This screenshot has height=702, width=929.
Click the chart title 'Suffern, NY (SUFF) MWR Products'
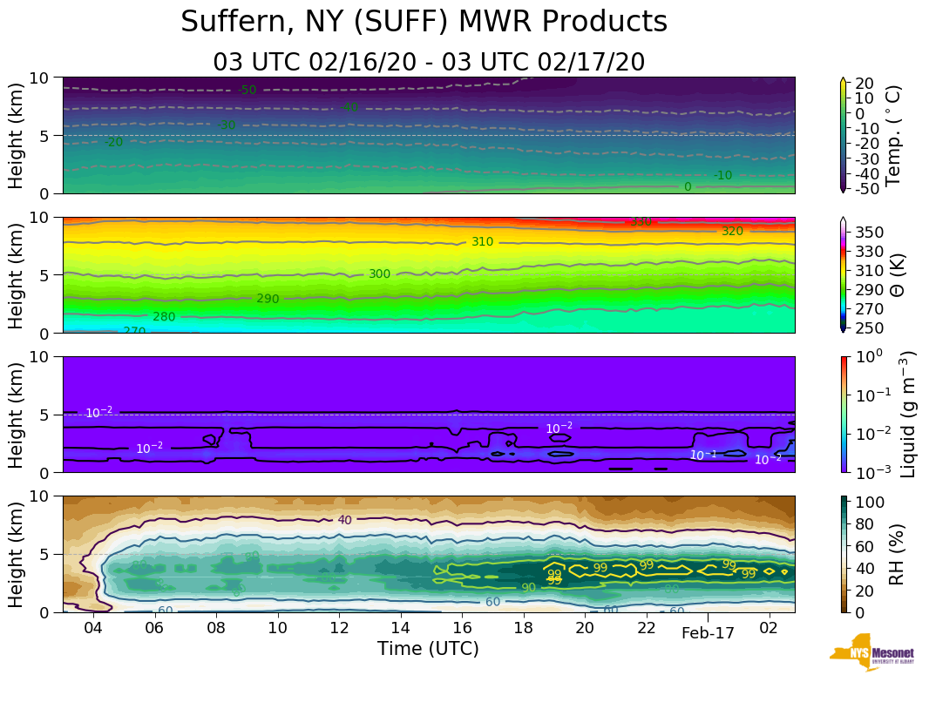(x=424, y=23)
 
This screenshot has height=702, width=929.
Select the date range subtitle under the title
(x=428, y=62)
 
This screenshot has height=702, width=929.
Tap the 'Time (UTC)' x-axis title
(x=428, y=649)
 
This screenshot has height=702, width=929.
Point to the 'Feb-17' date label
(x=708, y=633)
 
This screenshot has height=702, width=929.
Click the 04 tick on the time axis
(x=93, y=628)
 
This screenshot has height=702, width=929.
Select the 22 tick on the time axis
(x=646, y=628)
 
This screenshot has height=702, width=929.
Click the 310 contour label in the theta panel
(x=482, y=241)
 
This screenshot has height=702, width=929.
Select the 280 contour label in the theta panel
(x=164, y=317)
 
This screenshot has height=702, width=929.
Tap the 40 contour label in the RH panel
(x=344, y=520)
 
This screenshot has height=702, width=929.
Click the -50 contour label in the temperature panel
(x=248, y=90)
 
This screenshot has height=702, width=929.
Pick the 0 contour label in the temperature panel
(x=688, y=186)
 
